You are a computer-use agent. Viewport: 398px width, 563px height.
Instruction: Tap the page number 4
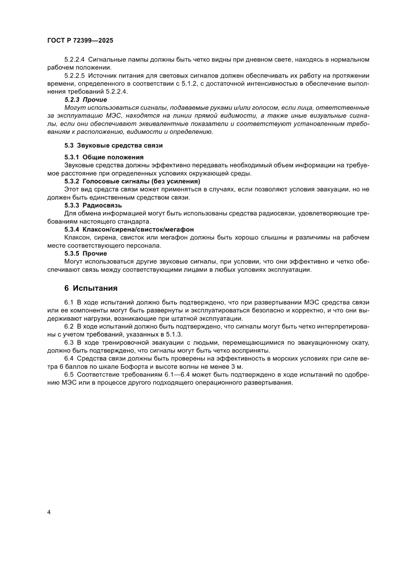(x=49, y=511)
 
